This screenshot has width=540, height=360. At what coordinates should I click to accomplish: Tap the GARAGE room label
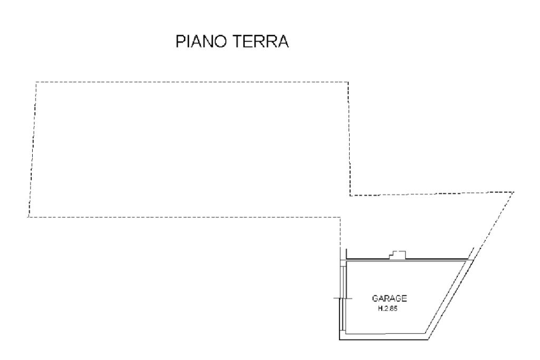click(x=390, y=299)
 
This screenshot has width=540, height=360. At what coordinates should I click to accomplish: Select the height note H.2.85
click(x=387, y=309)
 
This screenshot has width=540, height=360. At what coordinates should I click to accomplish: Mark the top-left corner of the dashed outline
click(x=36, y=82)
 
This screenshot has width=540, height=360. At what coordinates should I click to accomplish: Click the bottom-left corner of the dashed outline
click(x=28, y=217)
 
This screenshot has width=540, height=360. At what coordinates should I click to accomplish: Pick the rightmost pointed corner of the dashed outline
click(x=513, y=192)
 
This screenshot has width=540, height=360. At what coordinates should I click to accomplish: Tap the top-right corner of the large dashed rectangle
click(x=348, y=82)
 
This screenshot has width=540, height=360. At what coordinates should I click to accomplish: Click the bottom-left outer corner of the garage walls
click(x=340, y=339)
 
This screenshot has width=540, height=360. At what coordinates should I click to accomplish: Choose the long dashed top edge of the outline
click(x=190, y=82)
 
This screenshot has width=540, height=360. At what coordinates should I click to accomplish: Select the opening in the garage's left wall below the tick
click(x=343, y=316)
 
